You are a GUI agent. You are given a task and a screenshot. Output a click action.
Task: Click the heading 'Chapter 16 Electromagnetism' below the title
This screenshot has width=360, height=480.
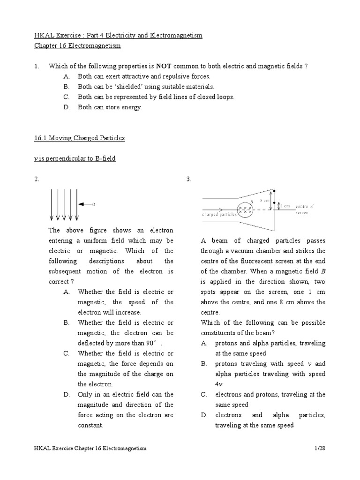pyautogui.click(x=78, y=45)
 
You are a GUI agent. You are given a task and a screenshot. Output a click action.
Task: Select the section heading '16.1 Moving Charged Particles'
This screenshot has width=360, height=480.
pyautogui.click(x=80, y=138)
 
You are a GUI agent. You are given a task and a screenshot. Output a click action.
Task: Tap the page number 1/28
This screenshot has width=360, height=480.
pyautogui.click(x=320, y=448)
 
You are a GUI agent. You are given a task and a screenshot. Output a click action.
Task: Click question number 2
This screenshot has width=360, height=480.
pyautogui.click(x=37, y=179)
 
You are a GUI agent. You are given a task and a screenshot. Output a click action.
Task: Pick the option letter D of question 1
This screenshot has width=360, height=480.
pyautogui.click(x=66, y=107)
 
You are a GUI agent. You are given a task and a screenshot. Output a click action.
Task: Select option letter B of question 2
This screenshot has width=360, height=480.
pyautogui.click(x=66, y=322)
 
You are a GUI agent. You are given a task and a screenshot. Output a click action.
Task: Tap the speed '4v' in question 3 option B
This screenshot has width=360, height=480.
pyautogui.click(x=218, y=384)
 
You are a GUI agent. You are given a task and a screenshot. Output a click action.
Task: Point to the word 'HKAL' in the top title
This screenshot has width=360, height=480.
pyautogui.click(x=45, y=35)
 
